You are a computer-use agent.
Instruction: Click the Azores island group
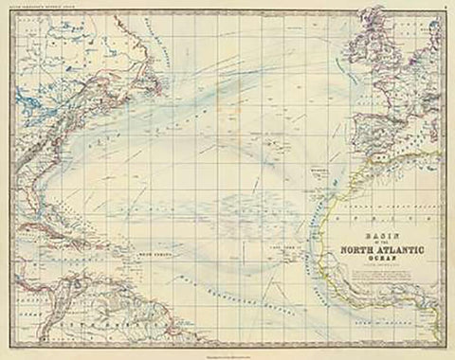271,140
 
